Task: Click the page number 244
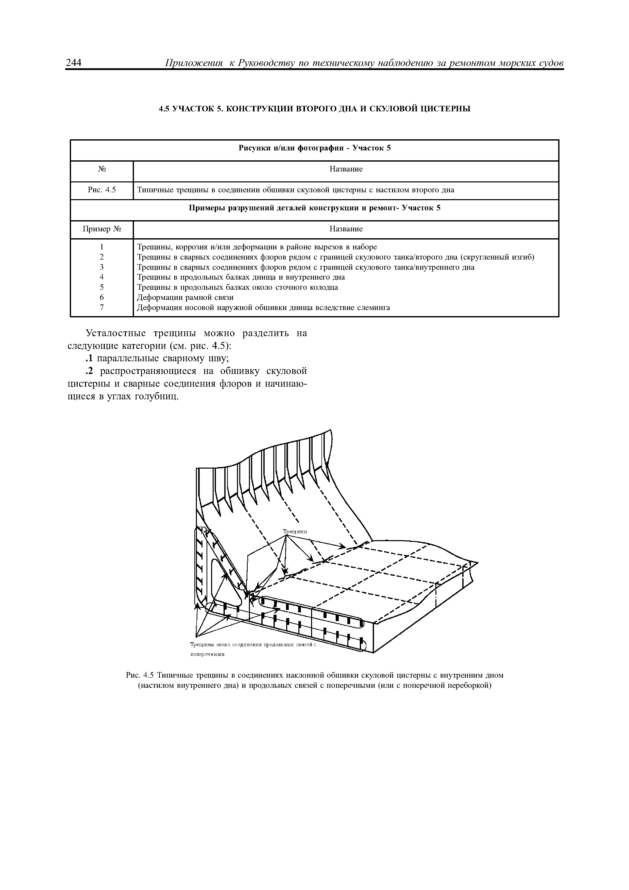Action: (x=73, y=63)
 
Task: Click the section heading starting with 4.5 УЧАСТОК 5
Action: (x=314, y=109)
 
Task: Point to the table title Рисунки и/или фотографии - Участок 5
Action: (x=314, y=148)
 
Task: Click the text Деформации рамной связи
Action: (x=186, y=297)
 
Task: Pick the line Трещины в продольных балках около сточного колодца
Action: (x=237, y=287)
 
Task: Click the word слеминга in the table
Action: (x=375, y=307)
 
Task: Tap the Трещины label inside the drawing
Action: (x=295, y=532)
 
